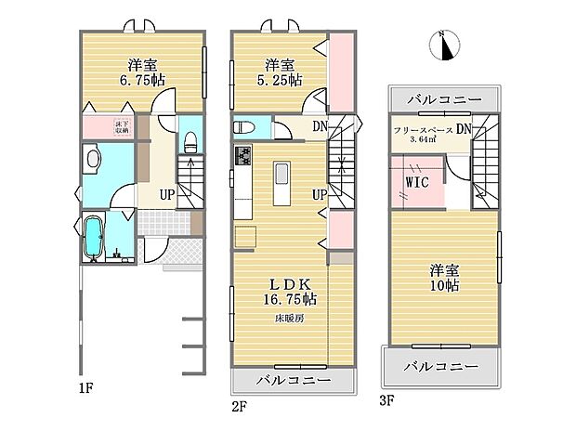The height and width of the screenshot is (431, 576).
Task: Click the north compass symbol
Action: point(445,46)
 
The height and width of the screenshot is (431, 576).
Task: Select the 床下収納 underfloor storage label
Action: point(122,128)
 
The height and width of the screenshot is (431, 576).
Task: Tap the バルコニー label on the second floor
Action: point(292,381)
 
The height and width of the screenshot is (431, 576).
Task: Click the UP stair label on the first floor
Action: point(166,195)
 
